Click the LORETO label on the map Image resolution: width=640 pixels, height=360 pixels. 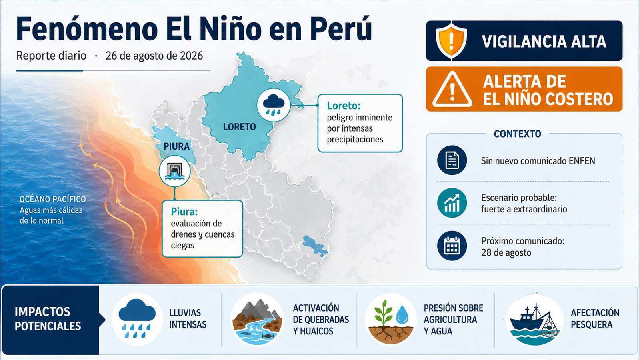240,126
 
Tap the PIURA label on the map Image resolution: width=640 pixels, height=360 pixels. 176,146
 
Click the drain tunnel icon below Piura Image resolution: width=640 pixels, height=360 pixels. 174,171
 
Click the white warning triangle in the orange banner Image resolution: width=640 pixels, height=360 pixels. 452,90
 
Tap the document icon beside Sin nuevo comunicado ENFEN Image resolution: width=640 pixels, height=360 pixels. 452,160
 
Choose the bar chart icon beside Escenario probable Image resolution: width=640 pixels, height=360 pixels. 452,203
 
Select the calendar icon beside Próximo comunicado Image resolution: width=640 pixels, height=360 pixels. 452,246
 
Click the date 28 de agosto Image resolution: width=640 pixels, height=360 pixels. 506,252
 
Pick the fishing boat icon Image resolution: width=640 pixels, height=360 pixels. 534,320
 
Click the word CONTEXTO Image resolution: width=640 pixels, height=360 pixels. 518,134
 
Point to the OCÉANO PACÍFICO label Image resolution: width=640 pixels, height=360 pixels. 52,199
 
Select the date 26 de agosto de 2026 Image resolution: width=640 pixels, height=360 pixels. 154,56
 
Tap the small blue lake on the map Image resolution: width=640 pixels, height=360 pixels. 315,246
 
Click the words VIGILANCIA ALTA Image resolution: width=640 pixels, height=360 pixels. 544,42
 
